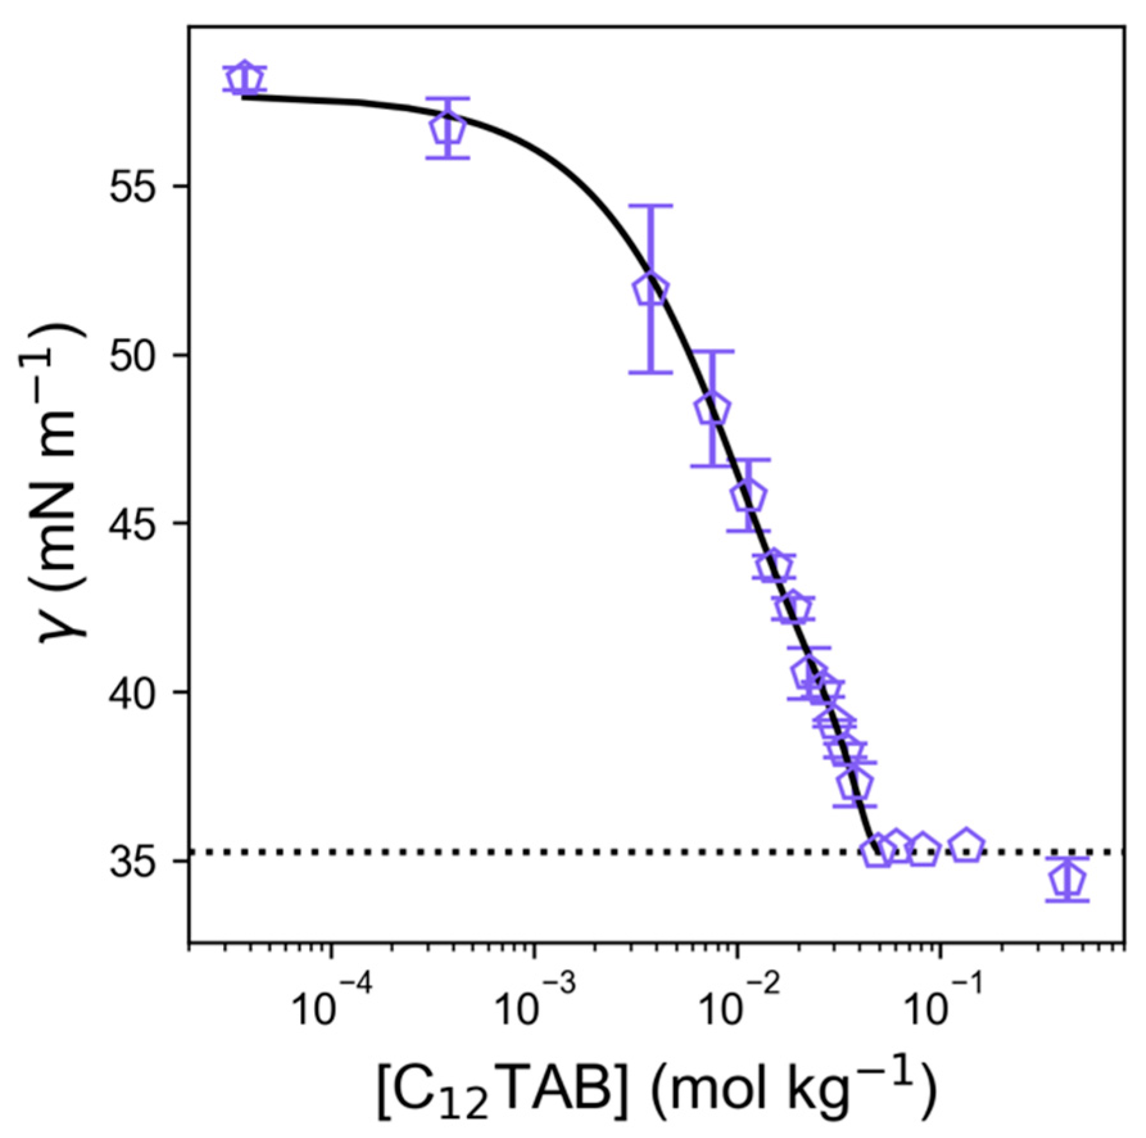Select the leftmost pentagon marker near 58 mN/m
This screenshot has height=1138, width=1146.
(244, 80)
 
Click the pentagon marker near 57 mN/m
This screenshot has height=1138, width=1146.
(448, 130)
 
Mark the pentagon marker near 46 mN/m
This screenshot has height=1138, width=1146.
(748, 496)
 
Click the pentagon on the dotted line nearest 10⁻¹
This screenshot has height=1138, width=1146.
(923, 851)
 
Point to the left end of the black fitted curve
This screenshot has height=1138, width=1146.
(243, 98)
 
